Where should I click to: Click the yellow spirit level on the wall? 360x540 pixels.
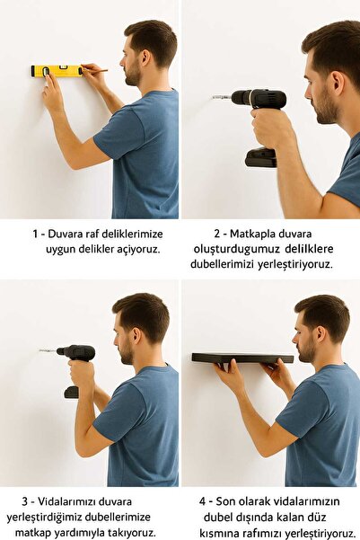(56, 71)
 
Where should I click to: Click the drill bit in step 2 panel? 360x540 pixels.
(220, 97)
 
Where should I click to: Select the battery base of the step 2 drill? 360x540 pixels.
(261, 157)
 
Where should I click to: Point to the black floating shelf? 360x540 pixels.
(241, 358)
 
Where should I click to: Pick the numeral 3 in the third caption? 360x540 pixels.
(25, 500)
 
